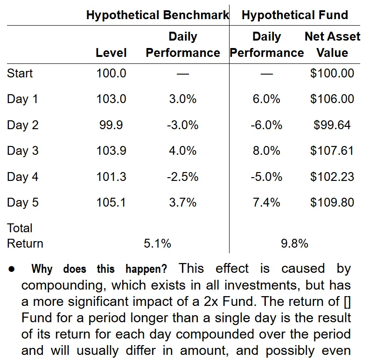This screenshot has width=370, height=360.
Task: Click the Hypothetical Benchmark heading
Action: pyautogui.click(x=157, y=15)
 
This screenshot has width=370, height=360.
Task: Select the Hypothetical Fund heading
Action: pyautogui.click(x=295, y=15)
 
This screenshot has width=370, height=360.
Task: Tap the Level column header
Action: pyautogui.click(x=111, y=53)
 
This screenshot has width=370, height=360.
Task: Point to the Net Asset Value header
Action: pyautogui.click(x=332, y=45)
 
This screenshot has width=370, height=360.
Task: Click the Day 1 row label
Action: pyautogui.click(x=22, y=99)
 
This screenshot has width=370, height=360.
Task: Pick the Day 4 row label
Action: pyautogui.click(x=23, y=177)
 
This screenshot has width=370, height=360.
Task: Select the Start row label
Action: pyautogui.click(x=20, y=73)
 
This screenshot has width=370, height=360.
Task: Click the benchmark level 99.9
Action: pyautogui.click(x=111, y=125)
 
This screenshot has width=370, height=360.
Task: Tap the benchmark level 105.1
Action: pyautogui.click(x=111, y=202)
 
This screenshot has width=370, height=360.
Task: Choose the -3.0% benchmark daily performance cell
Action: pyautogui.click(x=182, y=125)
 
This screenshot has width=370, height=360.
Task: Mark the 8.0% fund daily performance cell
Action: pyautogui.click(x=266, y=151)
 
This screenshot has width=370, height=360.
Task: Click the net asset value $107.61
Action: pyautogui.click(x=332, y=151)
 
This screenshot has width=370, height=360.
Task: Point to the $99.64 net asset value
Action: pyautogui.click(x=332, y=125)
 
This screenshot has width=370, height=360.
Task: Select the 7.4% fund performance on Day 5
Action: pyautogui.click(x=266, y=202)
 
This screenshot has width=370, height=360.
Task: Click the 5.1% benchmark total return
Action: pyautogui.click(x=157, y=243)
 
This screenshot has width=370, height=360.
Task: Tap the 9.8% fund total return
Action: pyautogui.click(x=294, y=243)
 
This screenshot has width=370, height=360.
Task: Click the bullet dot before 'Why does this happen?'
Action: pyautogui.click(x=12, y=269)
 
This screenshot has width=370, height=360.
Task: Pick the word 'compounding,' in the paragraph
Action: pyautogui.click(x=63, y=286)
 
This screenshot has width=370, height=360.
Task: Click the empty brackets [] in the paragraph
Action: pyautogui.click(x=347, y=302)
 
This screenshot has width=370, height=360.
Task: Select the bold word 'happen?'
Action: pyautogui.click(x=147, y=269)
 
